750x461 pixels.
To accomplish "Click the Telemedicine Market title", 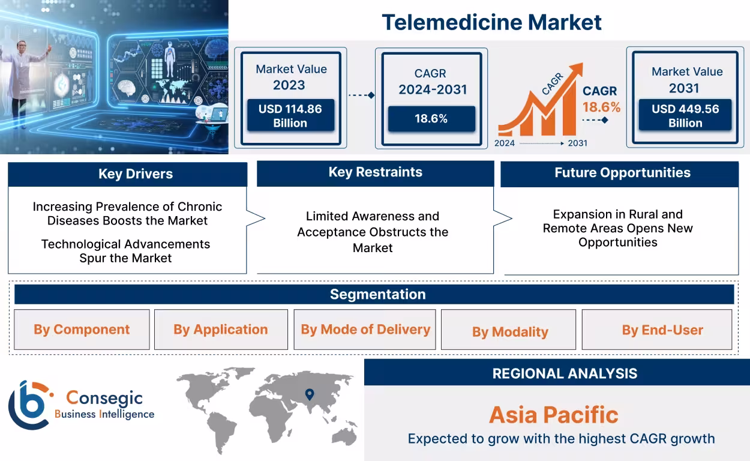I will coord(491,22).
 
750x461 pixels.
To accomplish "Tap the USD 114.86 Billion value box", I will coord(290,116).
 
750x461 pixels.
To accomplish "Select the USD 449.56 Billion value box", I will coord(685,116).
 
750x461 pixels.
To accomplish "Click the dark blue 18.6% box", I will coord(431,119).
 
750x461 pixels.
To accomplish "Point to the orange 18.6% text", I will coord(601,107).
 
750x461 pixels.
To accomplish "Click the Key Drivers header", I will coord(127,174).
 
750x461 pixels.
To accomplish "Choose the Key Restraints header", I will coord(375,172).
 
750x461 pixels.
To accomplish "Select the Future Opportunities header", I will coord(622,173).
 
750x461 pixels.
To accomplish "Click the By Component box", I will coord(82,330).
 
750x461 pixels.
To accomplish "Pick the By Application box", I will coord(221,330).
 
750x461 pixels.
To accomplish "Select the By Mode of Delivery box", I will coord(365,330).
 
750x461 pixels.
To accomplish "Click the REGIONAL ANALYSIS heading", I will coord(564,373).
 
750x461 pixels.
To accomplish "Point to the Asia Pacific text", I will coord(553,415).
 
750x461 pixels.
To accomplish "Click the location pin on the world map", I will coord(310,394).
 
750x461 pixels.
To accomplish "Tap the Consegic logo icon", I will coord(29,405).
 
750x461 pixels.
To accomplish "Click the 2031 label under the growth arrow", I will coord(577,143).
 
